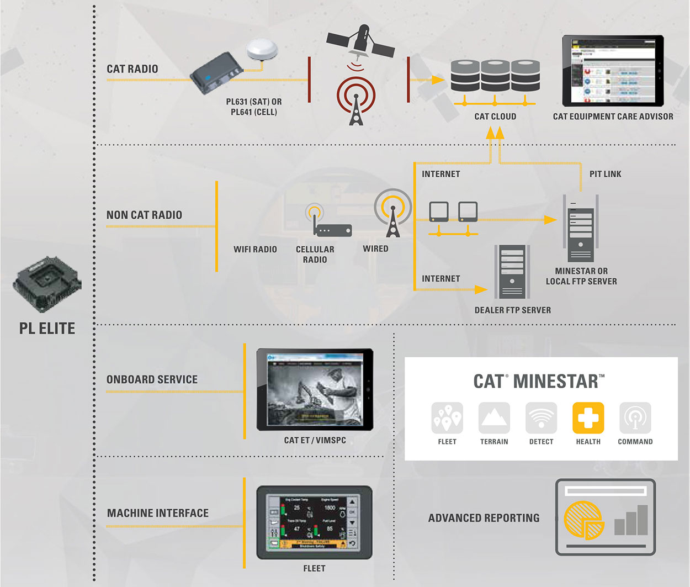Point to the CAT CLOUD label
tap(495, 117)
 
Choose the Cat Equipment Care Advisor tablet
tap(613, 71)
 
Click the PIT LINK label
tap(605, 174)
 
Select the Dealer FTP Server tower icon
tap(512, 271)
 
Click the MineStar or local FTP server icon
tap(580, 229)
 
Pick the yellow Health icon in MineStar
tap(588, 417)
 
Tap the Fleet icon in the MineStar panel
tap(447, 417)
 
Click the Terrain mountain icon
tap(494, 417)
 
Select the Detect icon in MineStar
tap(541, 417)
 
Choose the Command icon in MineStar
tap(635, 417)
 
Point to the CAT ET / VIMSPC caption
tap(315, 440)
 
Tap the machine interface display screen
tap(314, 522)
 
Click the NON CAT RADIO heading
tap(144, 215)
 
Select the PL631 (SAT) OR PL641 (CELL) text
tap(254, 107)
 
